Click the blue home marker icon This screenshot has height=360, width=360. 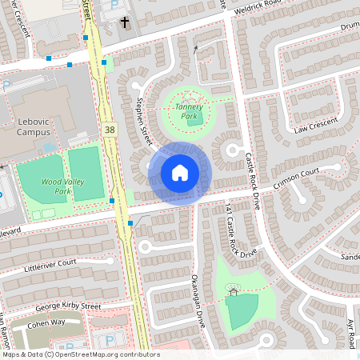pos(180,173)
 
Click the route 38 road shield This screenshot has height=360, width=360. pos(108,128)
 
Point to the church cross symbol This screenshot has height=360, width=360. pos(125,22)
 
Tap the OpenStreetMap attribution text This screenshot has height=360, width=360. pos(81,354)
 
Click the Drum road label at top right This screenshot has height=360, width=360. pos(350,26)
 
